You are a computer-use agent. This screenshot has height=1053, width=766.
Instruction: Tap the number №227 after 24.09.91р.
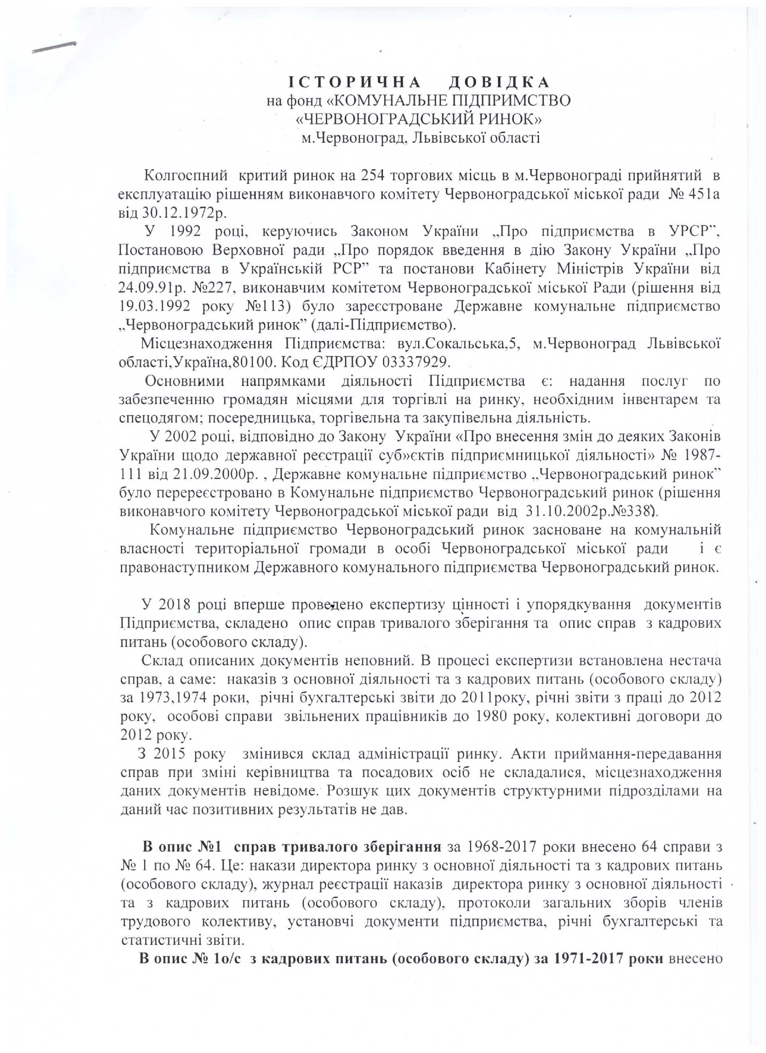pyautogui.click(x=203, y=288)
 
